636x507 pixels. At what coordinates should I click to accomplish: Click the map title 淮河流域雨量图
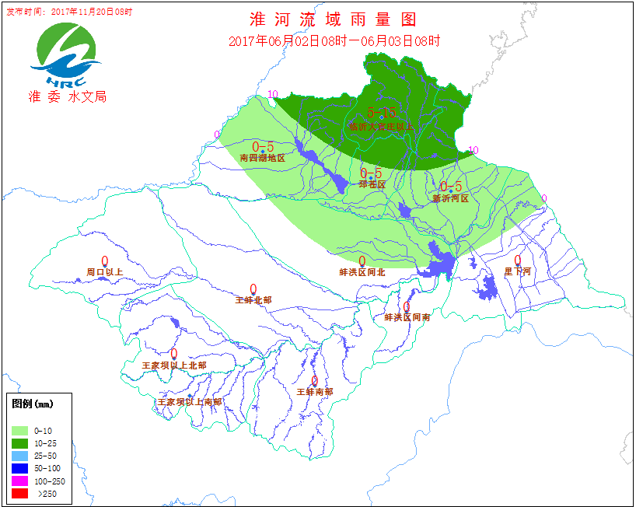tap(333, 19)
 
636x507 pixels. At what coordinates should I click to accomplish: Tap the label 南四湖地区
tap(263, 158)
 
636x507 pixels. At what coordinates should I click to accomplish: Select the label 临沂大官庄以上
tap(382, 126)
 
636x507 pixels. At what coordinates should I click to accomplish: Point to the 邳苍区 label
tap(372, 184)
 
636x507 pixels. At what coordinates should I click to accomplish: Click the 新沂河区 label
tap(451, 198)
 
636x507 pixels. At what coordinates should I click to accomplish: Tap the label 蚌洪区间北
tap(362, 272)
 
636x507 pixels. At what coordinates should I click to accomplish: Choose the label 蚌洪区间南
tap(407, 317)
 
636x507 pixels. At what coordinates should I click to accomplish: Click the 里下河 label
tap(517, 271)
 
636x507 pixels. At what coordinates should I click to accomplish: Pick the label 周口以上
tap(105, 272)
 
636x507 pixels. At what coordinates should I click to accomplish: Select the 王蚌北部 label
tap(253, 299)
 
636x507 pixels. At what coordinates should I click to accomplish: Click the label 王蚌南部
tap(315, 392)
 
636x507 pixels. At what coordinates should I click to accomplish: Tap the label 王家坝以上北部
tap(174, 365)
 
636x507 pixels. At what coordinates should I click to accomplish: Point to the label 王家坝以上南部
tap(190, 402)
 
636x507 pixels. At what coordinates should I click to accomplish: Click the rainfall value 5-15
tap(382, 112)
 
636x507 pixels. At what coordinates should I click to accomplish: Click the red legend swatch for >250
tap(20, 493)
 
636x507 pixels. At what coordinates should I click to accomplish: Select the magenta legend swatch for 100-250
tap(20, 481)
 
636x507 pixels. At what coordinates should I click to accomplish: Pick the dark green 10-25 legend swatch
tap(20, 443)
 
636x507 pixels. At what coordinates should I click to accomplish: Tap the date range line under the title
tap(334, 40)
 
